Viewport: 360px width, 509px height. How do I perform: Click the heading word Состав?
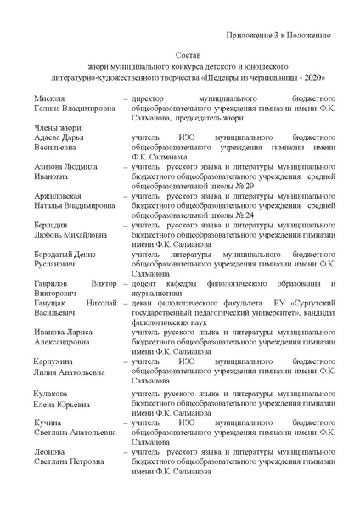(188, 53)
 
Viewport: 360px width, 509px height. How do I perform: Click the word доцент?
(147, 282)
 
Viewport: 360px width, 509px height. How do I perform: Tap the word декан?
(145, 302)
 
